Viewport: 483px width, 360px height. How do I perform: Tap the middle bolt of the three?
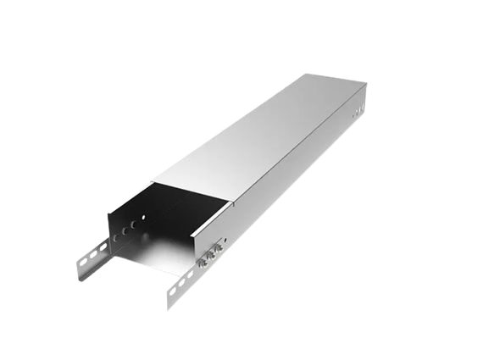tap(208, 255)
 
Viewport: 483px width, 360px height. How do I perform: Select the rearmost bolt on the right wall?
tap(215, 249)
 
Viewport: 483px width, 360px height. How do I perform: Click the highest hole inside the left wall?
tap(143, 217)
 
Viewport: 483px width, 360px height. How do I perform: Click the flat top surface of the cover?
tap(263, 136)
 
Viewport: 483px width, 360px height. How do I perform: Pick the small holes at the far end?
tap(356, 110)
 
